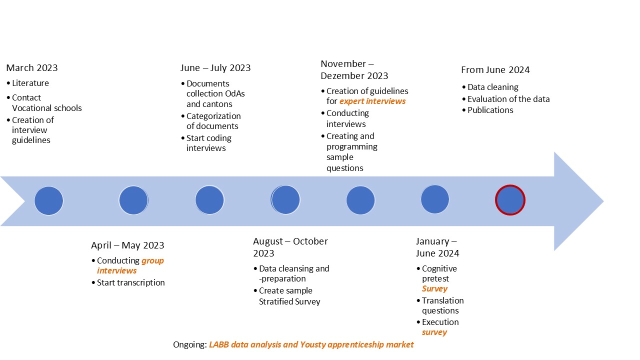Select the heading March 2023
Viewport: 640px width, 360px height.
point(31,68)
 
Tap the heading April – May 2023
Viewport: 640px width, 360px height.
point(127,245)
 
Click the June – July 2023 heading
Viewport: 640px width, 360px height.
point(215,68)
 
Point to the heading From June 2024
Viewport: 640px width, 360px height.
point(495,70)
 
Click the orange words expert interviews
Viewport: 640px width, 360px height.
point(372,101)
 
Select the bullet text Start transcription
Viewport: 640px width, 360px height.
point(130,282)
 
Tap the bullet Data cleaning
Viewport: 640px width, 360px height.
point(493,87)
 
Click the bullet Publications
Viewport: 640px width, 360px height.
point(490,110)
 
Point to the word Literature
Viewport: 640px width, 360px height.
point(30,83)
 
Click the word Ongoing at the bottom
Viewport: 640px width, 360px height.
point(190,344)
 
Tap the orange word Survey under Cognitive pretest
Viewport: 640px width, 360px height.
point(434,288)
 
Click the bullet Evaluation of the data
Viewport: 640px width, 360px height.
point(508,99)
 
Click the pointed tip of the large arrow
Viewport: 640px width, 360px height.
point(603,201)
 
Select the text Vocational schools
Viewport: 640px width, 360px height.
point(47,108)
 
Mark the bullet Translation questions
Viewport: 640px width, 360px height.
point(443,305)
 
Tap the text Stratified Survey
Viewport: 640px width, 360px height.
point(289,301)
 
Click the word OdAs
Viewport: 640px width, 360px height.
point(235,93)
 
